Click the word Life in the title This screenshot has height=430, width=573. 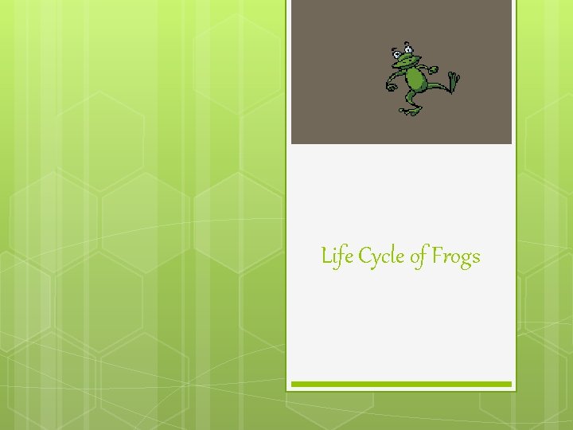point(337,256)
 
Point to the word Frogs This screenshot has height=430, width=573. point(457,257)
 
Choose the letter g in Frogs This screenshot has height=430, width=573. point(466,260)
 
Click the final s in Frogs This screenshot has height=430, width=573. point(475,258)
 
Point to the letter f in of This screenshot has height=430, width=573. point(423,257)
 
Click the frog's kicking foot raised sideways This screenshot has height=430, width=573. point(454,81)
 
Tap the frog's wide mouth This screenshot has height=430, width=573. point(407,62)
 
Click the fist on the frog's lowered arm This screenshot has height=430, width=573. point(391,85)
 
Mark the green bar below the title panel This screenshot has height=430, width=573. point(401,384)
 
